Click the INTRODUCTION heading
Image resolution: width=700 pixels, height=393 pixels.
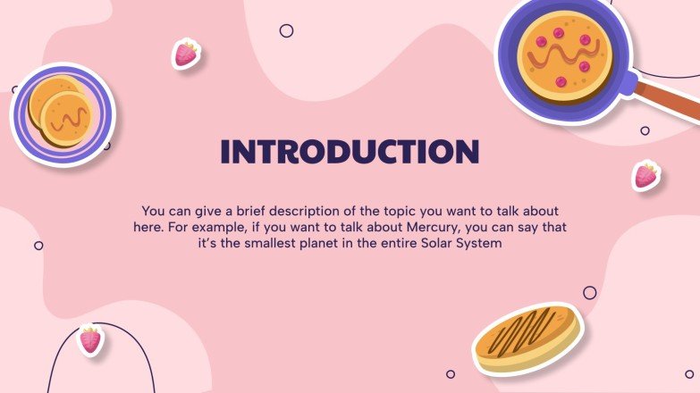[350, 151]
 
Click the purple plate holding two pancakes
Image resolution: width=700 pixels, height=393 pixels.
[63, 113]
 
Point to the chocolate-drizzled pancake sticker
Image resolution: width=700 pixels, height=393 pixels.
[527, 339]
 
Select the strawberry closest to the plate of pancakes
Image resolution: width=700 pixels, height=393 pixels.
[186, 54]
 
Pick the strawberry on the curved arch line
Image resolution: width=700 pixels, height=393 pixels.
[90, 339]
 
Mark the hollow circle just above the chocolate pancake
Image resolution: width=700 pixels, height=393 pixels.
[589, 292]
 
